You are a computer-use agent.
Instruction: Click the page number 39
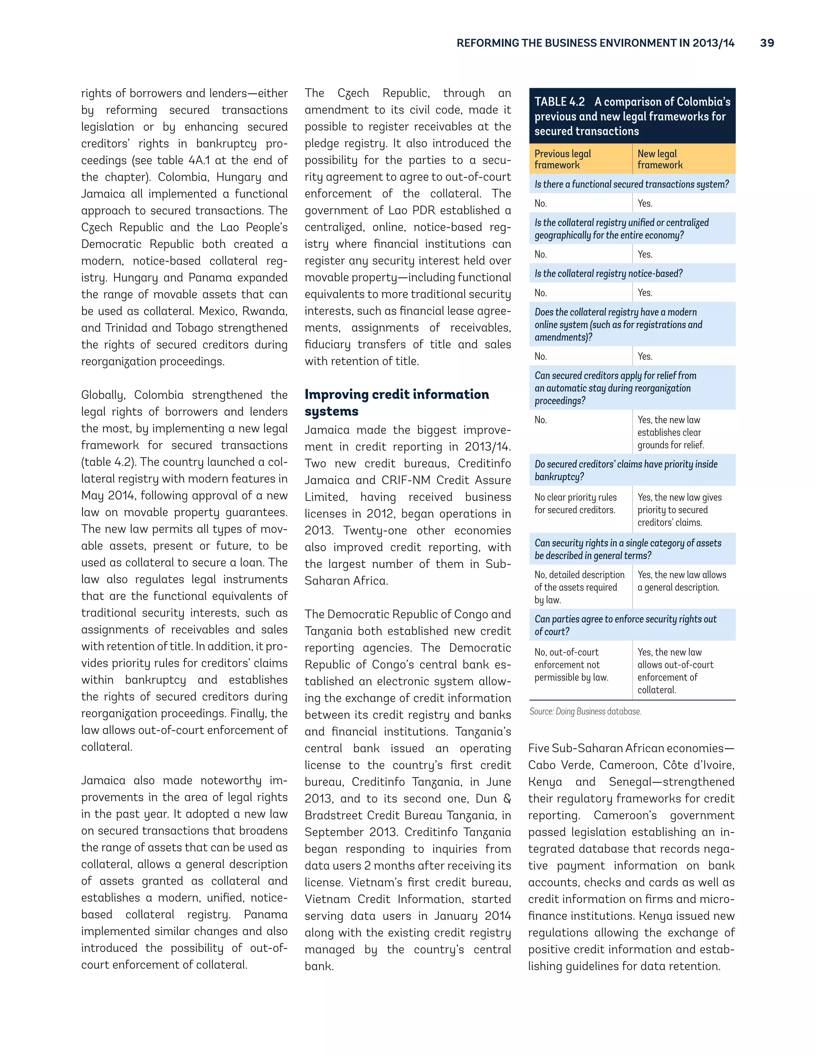(767, 43)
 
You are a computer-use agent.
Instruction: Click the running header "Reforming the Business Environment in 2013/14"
(595, 43)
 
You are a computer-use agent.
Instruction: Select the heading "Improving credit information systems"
(396, 402)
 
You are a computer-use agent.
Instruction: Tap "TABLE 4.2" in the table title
(559, 102)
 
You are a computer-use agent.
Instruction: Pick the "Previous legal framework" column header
(563, 159)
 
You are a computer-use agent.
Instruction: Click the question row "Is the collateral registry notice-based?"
(608, 274)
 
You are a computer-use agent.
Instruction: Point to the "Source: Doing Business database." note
(585, 711)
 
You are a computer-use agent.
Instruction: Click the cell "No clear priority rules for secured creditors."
(575, 503)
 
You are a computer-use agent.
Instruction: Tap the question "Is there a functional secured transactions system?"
(632, 184)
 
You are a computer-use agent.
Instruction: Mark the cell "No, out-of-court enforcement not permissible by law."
(571, 664)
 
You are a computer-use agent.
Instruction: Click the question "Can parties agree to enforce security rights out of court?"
(625, 625)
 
